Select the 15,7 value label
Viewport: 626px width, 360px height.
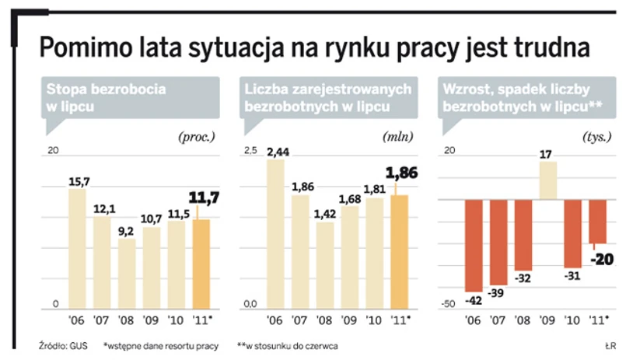[x=79, y=181]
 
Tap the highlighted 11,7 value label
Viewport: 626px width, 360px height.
[x=205, y=198]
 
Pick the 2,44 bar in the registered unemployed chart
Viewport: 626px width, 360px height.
[x=278, y=233]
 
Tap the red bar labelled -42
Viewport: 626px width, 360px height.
[x=475, y=245]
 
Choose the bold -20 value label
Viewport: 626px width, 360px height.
[x=600, y=258]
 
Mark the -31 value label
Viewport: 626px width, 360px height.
[x=572, y=276]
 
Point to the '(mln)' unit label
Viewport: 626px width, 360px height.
[x=397, y=137]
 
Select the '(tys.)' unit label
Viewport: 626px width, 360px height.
[x=596, y=137]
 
